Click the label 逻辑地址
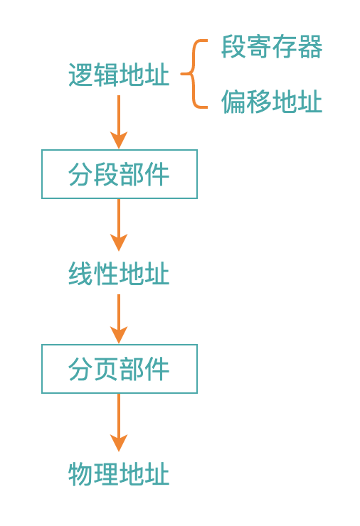tap(119, 75)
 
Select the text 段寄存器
tap(272, 47)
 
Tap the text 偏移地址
tap(272, 102)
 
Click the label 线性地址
tap(119, 274)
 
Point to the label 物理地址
tap(119, 473)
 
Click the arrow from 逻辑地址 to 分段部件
tap(119, 122)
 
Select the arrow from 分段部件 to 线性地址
tap(119, 225)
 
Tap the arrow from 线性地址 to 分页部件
tap(119, 319)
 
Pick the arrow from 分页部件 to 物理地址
tap(119, 423)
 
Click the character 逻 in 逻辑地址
tap(81, 75)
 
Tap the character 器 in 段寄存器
tap(310, 47)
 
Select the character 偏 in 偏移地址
tap(234, 102)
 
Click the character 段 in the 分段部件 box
tap(106, 174)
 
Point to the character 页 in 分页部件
tap(106, 369)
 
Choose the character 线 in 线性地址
tap(81, 274)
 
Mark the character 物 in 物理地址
tap(81, 473)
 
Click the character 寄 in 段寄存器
tap(259, 47)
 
